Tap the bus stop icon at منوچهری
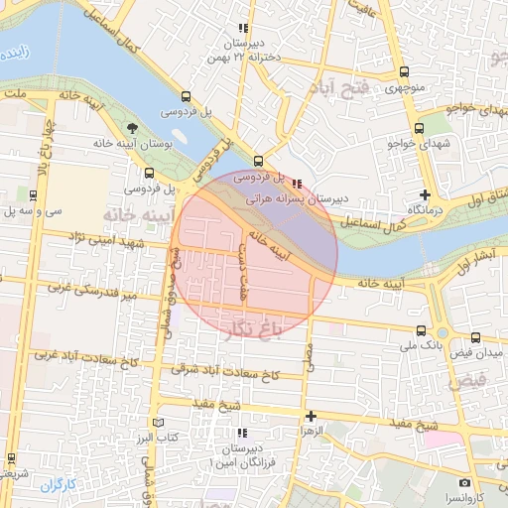403,71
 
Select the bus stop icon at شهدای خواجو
419,128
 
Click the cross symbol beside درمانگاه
426,194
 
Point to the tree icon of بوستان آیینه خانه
133,127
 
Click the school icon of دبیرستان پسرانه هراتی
300,183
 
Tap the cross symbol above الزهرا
311,416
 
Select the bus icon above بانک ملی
422,330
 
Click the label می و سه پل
31,210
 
